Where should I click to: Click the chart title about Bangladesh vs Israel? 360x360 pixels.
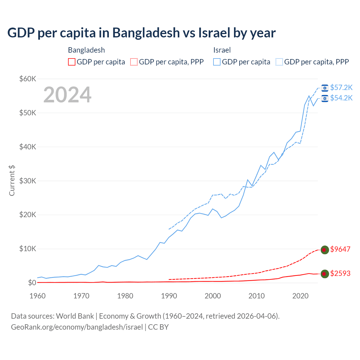[x=141, y=33]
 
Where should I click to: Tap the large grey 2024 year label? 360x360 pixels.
[x=67, y=95]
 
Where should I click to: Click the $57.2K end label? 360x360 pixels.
[x=341, y=88]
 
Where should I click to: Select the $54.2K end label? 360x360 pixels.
[x=341, y=98]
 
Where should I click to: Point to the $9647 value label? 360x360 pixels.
[x=340, y=249]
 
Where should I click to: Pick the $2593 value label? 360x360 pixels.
[x=340, y=273]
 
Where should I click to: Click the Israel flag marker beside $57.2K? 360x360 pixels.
[x=325, y=88]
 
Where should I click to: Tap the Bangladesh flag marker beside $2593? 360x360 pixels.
[x=325, y=274]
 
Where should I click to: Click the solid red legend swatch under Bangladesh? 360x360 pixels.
[x=72, y=62]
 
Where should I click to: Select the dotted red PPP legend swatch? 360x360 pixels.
[x=134, y=62]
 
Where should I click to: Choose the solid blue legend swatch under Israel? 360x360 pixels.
[x=217, y=62]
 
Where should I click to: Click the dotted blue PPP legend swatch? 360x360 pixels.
[x=279, y=62]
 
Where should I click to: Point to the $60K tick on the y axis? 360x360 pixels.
[x=28, y=79]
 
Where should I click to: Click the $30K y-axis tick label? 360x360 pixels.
[x=28, y=181]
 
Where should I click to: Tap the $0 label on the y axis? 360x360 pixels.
[x=32, y=283]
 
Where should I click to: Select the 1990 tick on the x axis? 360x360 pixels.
[x=169, y=296]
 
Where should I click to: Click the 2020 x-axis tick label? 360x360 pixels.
[x=300, y=296]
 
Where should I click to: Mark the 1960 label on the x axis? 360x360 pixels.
[x=38, y=296]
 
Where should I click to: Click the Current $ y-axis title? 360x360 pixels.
[x=12, y=181]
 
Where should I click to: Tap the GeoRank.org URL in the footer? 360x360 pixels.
[x=77, y=327]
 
